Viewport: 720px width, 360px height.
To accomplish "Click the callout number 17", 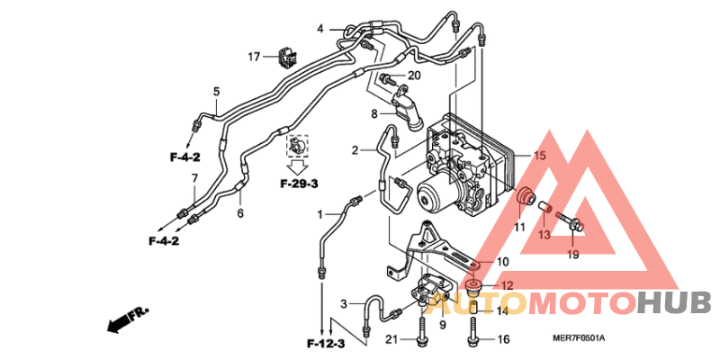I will [x=255, y=58].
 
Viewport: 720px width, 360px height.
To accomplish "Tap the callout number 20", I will [x=414, y=76].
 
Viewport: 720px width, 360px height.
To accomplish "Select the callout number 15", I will [x=540, y=156].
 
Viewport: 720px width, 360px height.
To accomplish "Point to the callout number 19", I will [x=573, y=255].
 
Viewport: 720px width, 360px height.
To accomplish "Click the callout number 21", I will [x=391, y=338].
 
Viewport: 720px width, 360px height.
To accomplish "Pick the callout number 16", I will [x=503, y=339].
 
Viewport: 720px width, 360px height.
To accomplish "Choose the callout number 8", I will [x=373, y=114].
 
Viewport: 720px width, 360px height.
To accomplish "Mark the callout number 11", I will [x=519, y=227].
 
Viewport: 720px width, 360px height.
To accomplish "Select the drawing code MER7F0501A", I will [x=580, y=338].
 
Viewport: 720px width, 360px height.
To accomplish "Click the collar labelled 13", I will [x=544, y=212].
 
